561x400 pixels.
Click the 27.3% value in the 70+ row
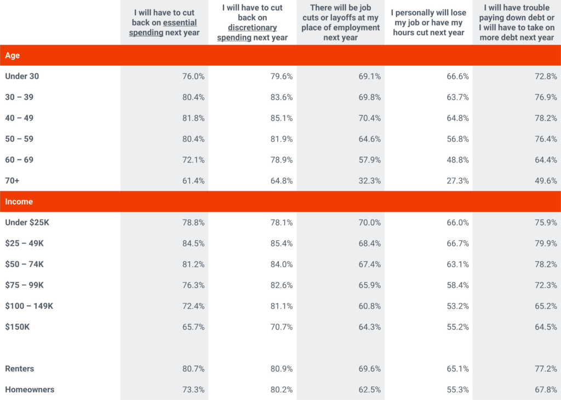(457, 181)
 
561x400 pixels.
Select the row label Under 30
(22, 76)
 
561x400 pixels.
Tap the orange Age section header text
(13, 55)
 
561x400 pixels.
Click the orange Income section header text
(19, 201)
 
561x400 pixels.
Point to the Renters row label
(20, 369)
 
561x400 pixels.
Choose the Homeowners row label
(30, 390)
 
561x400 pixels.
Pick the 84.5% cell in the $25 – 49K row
(193, 243)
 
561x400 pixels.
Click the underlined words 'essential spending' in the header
(163, 28)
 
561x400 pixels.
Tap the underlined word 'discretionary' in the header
(253, 27)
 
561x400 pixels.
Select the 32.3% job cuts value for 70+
(369, 181)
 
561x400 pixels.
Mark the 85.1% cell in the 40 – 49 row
(281, 118)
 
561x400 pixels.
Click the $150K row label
(18, 326)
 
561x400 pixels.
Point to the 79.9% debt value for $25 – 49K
(546, 243)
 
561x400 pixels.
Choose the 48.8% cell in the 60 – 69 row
(457, 160)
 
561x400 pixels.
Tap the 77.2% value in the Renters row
(546, 369)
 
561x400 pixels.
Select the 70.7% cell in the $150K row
(281, 326)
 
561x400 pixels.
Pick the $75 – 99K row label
(24, 285)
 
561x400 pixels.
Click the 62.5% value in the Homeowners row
(369, 390)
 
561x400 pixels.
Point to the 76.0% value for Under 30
(193, 76)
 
